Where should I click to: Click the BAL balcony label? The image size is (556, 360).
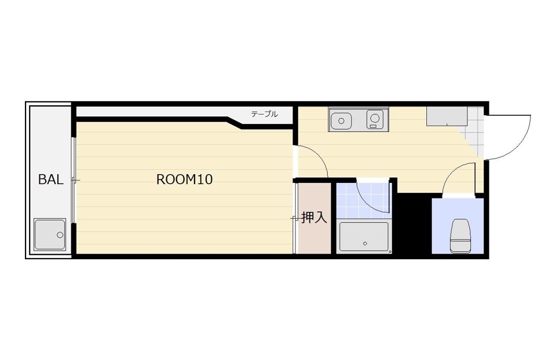pyautogui.click(x=51, y=179)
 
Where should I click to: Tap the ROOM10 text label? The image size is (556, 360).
pyautogui.click(x=184, y=179)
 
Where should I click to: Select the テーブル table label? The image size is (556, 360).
pyautogui.click(x=264, y=114)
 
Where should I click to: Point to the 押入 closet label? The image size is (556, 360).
pyautogui.click(x=314, y=217)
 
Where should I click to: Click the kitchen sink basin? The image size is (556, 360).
pyautogui.click(x=341, y=120)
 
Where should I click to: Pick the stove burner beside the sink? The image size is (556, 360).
pyautogui.click(x=375, y=119)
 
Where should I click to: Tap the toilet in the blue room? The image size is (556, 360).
pyautogui.click(x=459, y=236)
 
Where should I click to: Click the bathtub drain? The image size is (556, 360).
pyautogui.click(x=364, y=244)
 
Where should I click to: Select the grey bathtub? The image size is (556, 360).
pyautogui.click(x=364, y=237)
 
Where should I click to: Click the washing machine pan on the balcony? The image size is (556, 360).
pyautogui.click(x=50, y=234)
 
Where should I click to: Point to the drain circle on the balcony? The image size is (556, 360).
pyautogui.click(x=60, y=234)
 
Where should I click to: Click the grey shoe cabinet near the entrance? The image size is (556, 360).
pyautogui.click(x=447, y=116)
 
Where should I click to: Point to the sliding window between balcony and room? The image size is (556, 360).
pyautogui.click(x=73, y=180)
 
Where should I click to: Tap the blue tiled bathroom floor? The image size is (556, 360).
pyautogui.click(x=364, y=201)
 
